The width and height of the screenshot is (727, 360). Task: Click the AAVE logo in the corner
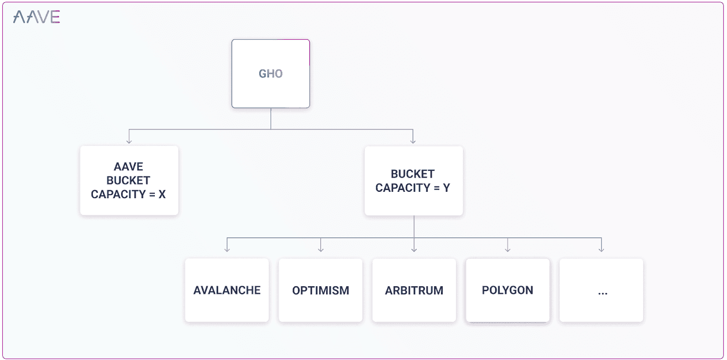(36, 17)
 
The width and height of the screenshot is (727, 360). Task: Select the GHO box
(271, 74)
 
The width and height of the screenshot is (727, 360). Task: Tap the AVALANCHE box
(227, 290)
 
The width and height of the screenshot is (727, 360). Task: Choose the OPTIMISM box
(321, 290)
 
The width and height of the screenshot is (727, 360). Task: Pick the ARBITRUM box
(414, 290)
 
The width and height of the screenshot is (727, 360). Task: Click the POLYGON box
(507, 290)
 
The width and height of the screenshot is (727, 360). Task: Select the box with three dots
(601, 290)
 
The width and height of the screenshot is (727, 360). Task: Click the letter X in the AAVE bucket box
(162, 195)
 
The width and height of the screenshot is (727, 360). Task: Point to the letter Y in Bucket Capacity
(446, 188)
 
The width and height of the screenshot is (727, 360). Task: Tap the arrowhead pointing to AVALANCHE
(227, 249)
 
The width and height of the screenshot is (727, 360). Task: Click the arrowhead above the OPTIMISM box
(321, 249)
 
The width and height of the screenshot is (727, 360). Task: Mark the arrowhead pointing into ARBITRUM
(414, 249)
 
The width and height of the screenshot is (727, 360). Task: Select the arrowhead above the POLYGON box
(507, 249)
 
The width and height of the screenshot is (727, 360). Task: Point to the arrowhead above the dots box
(601, 249)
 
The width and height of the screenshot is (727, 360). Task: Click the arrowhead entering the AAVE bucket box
(129, 141)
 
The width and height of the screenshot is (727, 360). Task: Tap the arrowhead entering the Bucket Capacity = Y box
(413, 141)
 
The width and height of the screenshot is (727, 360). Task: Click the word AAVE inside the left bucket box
(128, 167)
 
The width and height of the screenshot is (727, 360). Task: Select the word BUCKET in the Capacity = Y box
(413, 174)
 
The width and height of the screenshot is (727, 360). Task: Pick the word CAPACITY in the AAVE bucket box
(118, 195)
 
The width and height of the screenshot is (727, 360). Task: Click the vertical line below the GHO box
(271, 118)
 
